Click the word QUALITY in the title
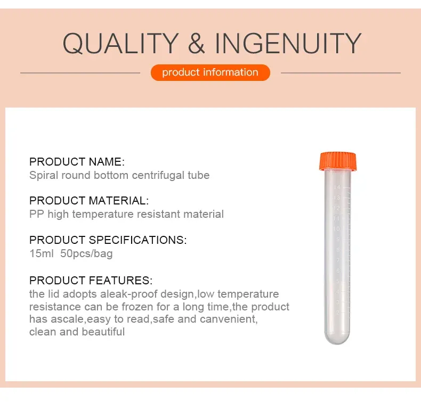[x=121, y=43]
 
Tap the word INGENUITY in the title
[x=288, y=43]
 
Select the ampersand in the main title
[x=197, y=43]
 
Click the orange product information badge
[x=210, y=72]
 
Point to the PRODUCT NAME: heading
[x=77, y=162]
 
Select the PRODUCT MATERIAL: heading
[x=89, y=201]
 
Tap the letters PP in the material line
[x=37, y=214]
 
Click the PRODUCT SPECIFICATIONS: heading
[x=108, y=240]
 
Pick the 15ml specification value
[x=42, y=253]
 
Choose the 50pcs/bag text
[x=86, y=253]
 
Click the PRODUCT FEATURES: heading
[x=91, y=281]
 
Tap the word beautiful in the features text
[x=103, y=332]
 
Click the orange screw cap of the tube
[x=338, y=161]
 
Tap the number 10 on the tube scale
[x=336, y=229]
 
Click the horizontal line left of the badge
[x=80, y=72]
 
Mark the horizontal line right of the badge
[x=341, y=72]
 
